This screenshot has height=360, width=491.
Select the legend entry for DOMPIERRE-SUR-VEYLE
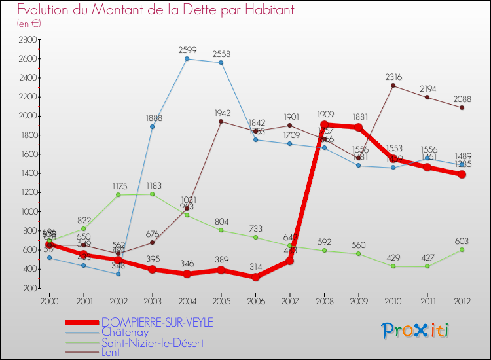point(156,322)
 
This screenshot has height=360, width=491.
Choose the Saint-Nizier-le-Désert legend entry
point(153,343)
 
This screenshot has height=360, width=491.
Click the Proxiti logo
point(416,331)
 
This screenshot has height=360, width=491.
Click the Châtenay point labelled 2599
point(187,59)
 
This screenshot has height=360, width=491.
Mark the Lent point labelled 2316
point(393,85)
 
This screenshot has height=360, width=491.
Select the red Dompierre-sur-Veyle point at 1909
point(324,124)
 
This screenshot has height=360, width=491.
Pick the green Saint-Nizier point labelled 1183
point(153,194)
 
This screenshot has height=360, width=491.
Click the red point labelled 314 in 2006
point(255,277)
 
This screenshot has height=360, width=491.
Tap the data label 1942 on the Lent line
point(222,113)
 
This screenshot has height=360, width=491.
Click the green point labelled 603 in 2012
point(462,249)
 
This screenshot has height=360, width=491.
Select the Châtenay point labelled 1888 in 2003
point(153,126)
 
